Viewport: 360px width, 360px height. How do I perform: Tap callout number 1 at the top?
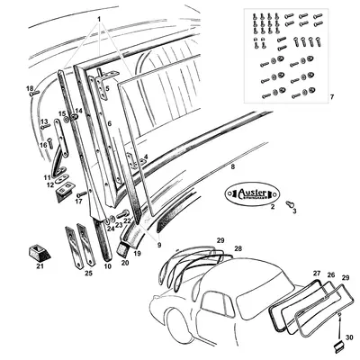pyautogui.click(x=99, y=18)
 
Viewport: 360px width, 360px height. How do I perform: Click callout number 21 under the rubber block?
pyautogui.click(x=40, y=266)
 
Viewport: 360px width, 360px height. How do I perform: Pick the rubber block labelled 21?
pyautogui.click(x=40, y=249)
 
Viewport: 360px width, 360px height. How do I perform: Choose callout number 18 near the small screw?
pyautogui.click(x=30, y=87)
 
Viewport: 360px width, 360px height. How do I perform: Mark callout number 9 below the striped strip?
pyautogui.click(x=159, y=245)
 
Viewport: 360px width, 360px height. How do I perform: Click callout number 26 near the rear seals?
pyautogui.click(x=330, y=274)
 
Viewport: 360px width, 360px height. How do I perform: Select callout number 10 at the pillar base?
pyautogui.click(x=107, y=266)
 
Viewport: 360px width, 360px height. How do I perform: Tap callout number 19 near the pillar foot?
pyautogui.click(x=139, y=255)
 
